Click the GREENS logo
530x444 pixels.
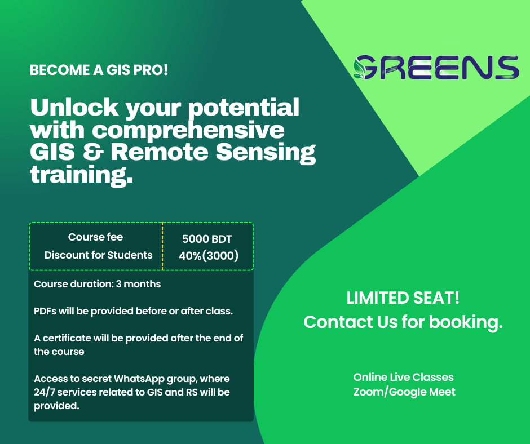436,68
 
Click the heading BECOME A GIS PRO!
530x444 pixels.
99,70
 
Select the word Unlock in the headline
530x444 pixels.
74,107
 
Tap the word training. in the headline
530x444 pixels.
81,176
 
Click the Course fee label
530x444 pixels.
95,237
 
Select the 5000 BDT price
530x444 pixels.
207,239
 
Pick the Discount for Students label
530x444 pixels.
98,255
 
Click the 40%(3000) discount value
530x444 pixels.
209,255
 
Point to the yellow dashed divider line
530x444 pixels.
162,246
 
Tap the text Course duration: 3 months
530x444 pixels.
98,284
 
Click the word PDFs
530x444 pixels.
45,311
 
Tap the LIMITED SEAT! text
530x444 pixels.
403,298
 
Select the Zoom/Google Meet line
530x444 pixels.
404,392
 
